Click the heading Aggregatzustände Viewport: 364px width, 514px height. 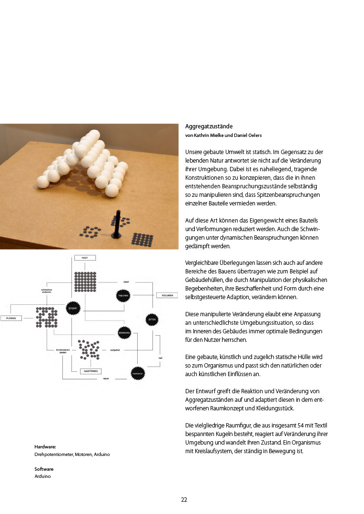[x=209, y=126]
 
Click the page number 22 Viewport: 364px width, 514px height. [x=184, y=499]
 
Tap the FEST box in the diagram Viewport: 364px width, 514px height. [x=85, y=258]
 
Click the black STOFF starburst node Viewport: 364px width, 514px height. [x=72, y=308]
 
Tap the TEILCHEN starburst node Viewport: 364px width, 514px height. [x=123, y=295]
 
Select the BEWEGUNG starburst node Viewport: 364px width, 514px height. [x=125, y=331]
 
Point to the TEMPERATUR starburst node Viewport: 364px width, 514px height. [x=137, y=374]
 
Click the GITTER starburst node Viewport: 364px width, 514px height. [x=152, y=319]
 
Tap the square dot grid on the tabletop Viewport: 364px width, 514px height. [x=142, y=239]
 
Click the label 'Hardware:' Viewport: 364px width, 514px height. [x=45, y=447]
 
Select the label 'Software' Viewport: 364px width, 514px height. [x=44, y=469]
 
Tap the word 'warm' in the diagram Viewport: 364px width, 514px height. [x=106, y=379]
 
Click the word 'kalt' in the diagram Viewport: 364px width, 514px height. [x=161, y=358]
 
